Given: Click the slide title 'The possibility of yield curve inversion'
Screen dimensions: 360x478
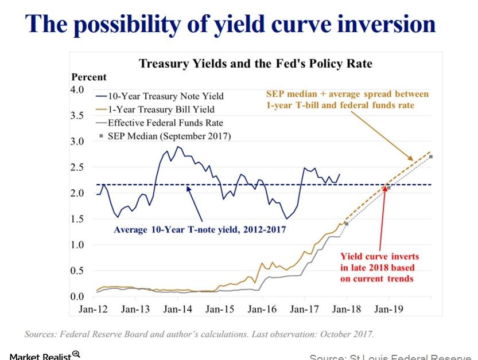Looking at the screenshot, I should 231,24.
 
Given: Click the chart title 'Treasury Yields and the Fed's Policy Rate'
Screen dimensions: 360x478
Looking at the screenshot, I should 255,63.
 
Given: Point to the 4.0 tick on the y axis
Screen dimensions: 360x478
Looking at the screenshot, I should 77,89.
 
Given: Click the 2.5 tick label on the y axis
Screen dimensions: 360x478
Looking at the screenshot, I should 77,167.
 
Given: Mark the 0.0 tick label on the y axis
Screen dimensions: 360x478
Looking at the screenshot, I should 77,296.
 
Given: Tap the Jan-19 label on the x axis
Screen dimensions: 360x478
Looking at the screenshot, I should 388,309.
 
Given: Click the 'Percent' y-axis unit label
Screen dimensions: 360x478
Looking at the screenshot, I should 89,77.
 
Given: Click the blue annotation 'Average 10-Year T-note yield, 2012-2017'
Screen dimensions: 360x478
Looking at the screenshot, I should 199,229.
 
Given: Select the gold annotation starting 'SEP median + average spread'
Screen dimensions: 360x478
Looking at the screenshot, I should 347,99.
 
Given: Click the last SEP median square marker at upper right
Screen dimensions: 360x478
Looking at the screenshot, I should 431,156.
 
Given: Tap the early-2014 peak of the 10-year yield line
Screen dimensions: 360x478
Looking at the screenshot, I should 178,147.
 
